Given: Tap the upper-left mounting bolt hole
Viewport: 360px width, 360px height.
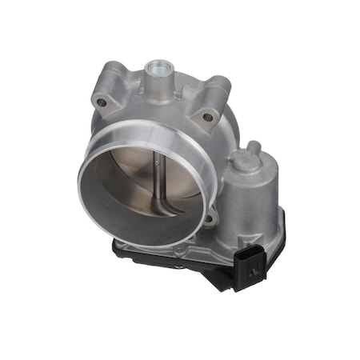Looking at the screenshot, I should pyautogui.click(x=102, y=102).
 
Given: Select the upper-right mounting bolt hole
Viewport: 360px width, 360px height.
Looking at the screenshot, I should pyautogui.click(x=208, y=117).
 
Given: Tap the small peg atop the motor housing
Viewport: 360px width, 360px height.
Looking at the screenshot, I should pyautogui.click(x=254, y=147).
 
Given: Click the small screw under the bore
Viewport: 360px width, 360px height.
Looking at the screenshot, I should pyautogui.click(x=178, y=253).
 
